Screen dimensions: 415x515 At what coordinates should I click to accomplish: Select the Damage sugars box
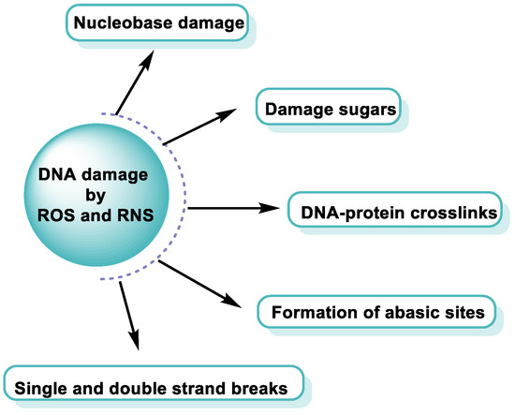coord(328,111)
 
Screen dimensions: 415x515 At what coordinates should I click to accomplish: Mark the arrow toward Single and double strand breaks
coord(130,316)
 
